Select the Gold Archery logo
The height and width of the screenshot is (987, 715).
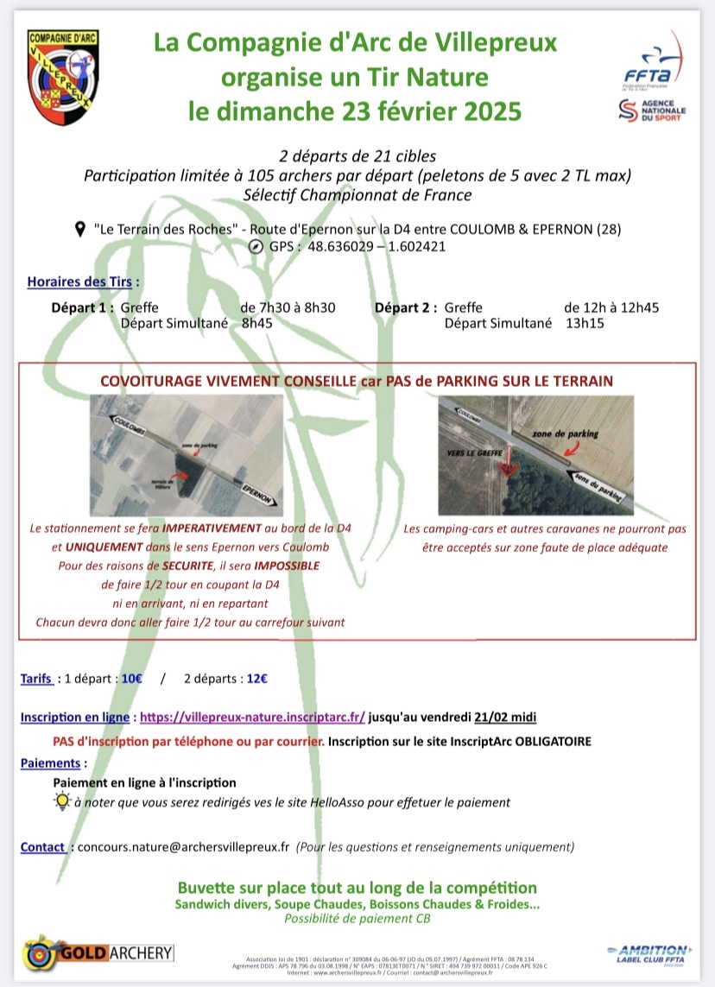98,952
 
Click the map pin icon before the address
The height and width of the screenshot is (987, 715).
80,229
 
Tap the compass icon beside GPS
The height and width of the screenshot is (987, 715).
255,246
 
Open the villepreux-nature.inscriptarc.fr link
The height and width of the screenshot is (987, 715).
252,717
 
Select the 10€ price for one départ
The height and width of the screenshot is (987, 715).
132,678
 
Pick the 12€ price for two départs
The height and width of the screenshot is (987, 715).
256,678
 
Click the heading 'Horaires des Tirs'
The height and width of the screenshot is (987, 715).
83,282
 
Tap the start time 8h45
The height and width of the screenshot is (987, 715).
256,323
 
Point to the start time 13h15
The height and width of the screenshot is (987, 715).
584,323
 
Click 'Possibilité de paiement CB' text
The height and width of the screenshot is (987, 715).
357,918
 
